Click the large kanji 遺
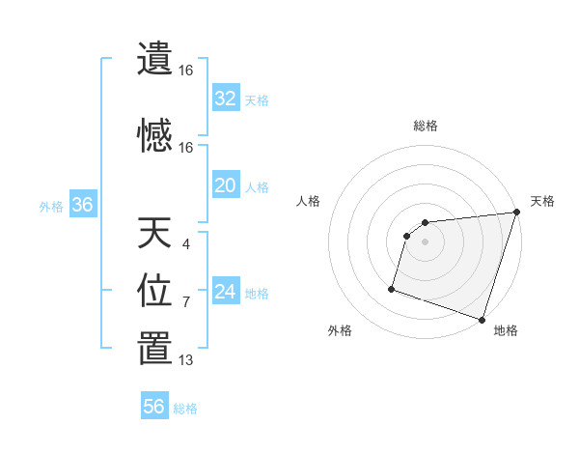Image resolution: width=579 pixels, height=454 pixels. (154, 59)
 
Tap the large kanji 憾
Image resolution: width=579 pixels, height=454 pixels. (154, 135)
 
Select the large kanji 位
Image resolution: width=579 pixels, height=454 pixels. (154, 290)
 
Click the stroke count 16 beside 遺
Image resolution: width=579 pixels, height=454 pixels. (186, 71)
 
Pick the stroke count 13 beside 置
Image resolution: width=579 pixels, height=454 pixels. (186, 360)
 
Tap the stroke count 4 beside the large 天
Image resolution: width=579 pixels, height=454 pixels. (186, 244)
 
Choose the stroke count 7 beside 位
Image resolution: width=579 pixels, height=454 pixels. (186, 302)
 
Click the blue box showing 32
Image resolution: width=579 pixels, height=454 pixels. (225, 99)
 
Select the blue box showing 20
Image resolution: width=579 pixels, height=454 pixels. (225, 185)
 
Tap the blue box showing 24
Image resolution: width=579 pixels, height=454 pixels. (225, 292)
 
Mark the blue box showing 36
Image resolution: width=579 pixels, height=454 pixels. (82, 205)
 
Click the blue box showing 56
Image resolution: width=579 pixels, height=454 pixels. (153, 407)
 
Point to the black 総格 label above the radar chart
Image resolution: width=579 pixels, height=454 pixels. (426, 126)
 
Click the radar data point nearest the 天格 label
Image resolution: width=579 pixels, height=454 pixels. (516, 213)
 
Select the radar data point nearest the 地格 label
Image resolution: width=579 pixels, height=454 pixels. (482, 319)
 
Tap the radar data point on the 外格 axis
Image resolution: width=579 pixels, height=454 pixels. (392, 288)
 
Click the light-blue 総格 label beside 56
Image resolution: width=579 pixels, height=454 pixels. (185, 409)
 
